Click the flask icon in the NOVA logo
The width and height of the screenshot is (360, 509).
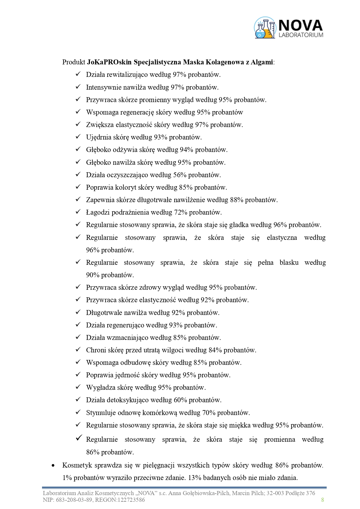pos(264,28)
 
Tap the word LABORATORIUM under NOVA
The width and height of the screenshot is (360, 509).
pos(301,35)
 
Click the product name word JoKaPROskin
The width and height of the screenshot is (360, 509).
pos(106,62)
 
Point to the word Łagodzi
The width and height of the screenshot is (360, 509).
pos(97,212)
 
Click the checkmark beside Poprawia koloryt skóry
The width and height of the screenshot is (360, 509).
pos(78,187)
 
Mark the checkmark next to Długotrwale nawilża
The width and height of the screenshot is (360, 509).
pos(78,312)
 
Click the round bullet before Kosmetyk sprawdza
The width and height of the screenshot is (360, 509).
pos(53,465)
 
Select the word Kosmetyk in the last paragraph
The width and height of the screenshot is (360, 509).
pos(75,465)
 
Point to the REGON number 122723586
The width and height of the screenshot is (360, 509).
pos(131,500)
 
